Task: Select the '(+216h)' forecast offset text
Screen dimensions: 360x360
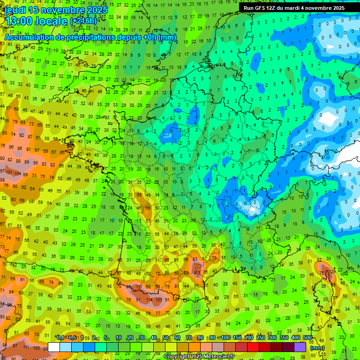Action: (83, 21)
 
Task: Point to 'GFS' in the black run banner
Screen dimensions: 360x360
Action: (260, 8)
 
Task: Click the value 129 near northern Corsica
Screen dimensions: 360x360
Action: (333, 271)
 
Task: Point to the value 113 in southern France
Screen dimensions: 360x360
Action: (197, 272)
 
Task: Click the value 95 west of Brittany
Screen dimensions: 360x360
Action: (36, 163)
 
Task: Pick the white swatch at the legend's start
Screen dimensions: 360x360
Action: (54, 347)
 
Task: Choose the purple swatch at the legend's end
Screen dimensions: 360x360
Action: (300, 347)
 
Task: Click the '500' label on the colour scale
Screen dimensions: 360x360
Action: (307, 337)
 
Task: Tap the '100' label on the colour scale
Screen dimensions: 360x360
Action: (226, 337)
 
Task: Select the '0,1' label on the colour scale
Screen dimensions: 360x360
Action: (60, 337)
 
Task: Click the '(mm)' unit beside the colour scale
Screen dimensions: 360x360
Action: (317, 348)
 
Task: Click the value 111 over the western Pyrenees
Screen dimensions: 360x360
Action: (138, 286)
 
